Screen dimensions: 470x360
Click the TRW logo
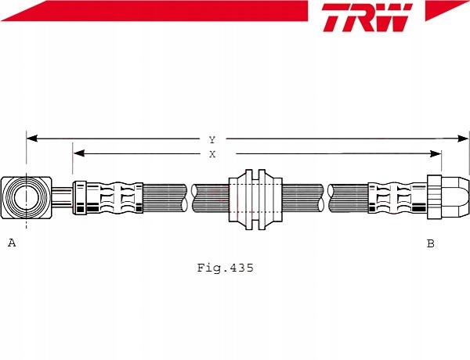(x=367, y=17)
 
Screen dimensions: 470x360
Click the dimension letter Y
(x=212, y=139)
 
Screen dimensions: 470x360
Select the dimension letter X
(x=212, y=154)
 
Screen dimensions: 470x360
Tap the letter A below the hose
(x=12, y=243)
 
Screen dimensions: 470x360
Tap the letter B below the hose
(x=430, y=243)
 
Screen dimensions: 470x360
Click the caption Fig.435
(x=225, y=268)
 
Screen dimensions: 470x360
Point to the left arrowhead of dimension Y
(x=32, y=139)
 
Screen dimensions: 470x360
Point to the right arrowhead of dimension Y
(x=463, y=139)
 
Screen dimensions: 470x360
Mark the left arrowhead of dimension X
(x=78, y=153)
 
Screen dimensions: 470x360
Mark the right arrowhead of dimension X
(x=436, y=154)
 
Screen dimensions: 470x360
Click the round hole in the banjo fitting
(x=26, y=197)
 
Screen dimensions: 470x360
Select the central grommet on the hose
(x=255, y=200)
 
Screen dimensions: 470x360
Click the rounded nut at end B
(x=448, y=197)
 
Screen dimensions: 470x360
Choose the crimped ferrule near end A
(x=108, y=198)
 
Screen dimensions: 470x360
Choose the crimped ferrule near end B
(x=397, y=198)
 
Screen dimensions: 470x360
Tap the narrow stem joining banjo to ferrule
(x=62, y=197)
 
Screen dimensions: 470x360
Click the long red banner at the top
(x=154, y=11)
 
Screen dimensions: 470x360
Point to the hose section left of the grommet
(x=210, y=198)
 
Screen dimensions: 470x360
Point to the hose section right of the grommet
(x=303, y=198)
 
